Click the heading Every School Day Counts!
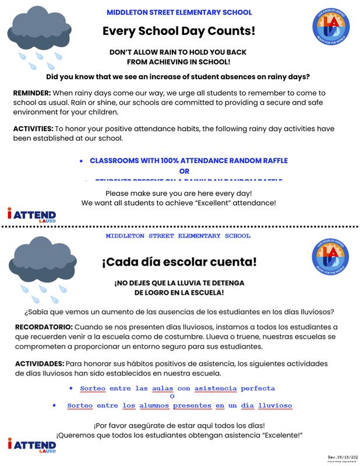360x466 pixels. coord(179,31)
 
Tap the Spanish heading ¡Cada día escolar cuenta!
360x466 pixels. coord(179,262)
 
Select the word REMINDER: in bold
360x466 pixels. coord(32,93)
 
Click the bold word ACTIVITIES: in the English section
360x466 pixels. coord(33,128)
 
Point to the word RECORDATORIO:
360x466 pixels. coord(44,327)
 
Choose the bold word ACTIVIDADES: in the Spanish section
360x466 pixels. coord(40,363)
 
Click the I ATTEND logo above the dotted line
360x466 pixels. coord(32,216)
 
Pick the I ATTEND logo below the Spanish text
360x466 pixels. coord(32,446)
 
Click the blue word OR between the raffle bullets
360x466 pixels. coord(184,171)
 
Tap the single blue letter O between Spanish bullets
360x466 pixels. coord(172,396)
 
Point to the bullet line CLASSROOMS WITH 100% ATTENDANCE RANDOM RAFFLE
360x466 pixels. coord(189,160)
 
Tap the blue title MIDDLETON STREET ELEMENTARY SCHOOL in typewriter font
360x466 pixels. coord(178,236)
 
